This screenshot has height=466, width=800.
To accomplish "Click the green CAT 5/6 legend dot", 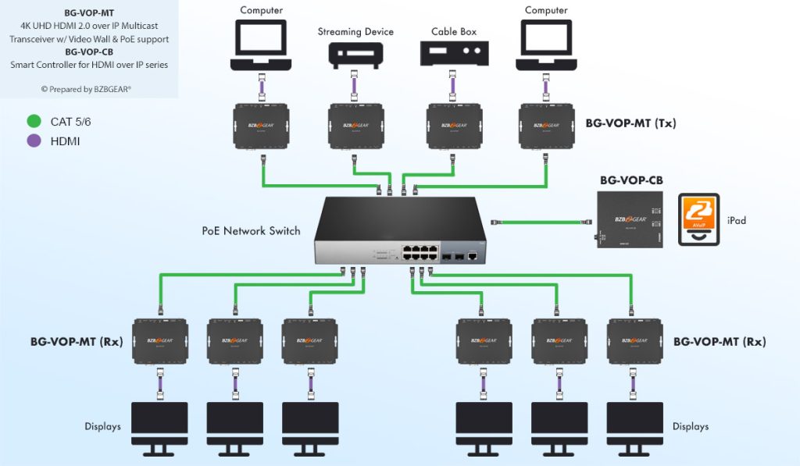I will coord(34,121).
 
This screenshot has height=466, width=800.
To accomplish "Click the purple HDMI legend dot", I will coord(34,141).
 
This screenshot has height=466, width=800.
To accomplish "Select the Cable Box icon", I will coord(454,53).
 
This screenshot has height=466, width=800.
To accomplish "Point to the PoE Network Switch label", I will coord(251,231).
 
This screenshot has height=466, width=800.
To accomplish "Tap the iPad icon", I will coord(698,220).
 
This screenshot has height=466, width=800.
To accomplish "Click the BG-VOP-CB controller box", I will coord(630,219).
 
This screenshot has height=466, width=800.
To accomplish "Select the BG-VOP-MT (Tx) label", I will coord(630,123).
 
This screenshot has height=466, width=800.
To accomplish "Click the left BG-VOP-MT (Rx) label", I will coord(76,341).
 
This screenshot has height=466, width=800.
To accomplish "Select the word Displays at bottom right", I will coord(691,426).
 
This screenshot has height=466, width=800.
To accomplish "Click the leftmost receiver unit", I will coord(159,340).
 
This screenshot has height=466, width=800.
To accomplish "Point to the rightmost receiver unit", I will coord(635,340).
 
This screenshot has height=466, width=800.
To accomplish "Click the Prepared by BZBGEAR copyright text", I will coord(86,89).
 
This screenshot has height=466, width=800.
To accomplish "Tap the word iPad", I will coord(736,220).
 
